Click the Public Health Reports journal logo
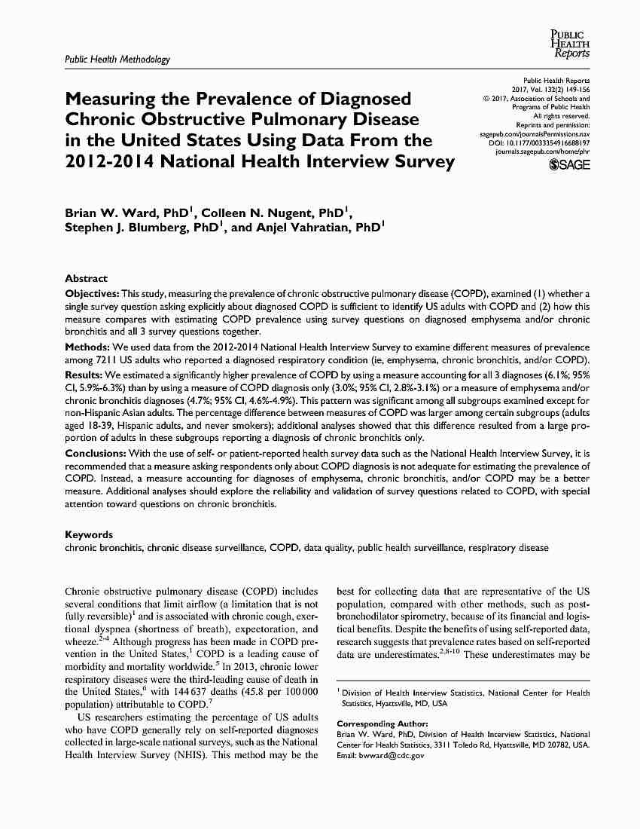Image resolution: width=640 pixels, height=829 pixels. [x=571, y=44]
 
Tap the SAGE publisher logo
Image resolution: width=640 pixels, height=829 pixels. [x=570, y=166]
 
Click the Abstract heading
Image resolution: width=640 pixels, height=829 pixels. [x=87, y=278]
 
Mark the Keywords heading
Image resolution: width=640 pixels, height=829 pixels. [x=89, y=534]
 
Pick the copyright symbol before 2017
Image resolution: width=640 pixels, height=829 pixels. [x=486, y=99]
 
